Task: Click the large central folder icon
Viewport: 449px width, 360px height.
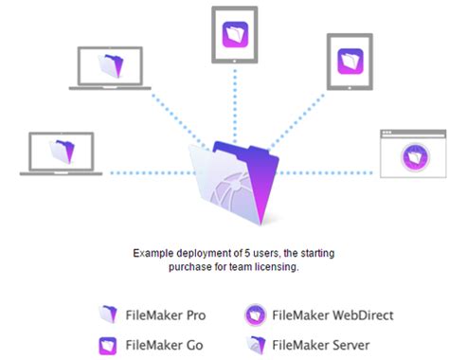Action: [x=228, y=184]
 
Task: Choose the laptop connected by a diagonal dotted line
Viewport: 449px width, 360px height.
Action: [x=110, y=67]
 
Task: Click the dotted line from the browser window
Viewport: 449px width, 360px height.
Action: [x=327, y=172]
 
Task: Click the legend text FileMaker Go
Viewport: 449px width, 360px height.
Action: [x=162, y=345]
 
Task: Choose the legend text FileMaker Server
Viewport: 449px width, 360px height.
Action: [x=321, y=345]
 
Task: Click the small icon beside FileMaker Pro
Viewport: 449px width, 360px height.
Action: [x=109, y=315]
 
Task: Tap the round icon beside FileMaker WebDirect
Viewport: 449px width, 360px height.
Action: [x=255, y=315]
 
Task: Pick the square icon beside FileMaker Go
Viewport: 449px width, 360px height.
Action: [x=109, y=345]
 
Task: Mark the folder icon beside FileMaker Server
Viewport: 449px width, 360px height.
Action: [x=255, y=345]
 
